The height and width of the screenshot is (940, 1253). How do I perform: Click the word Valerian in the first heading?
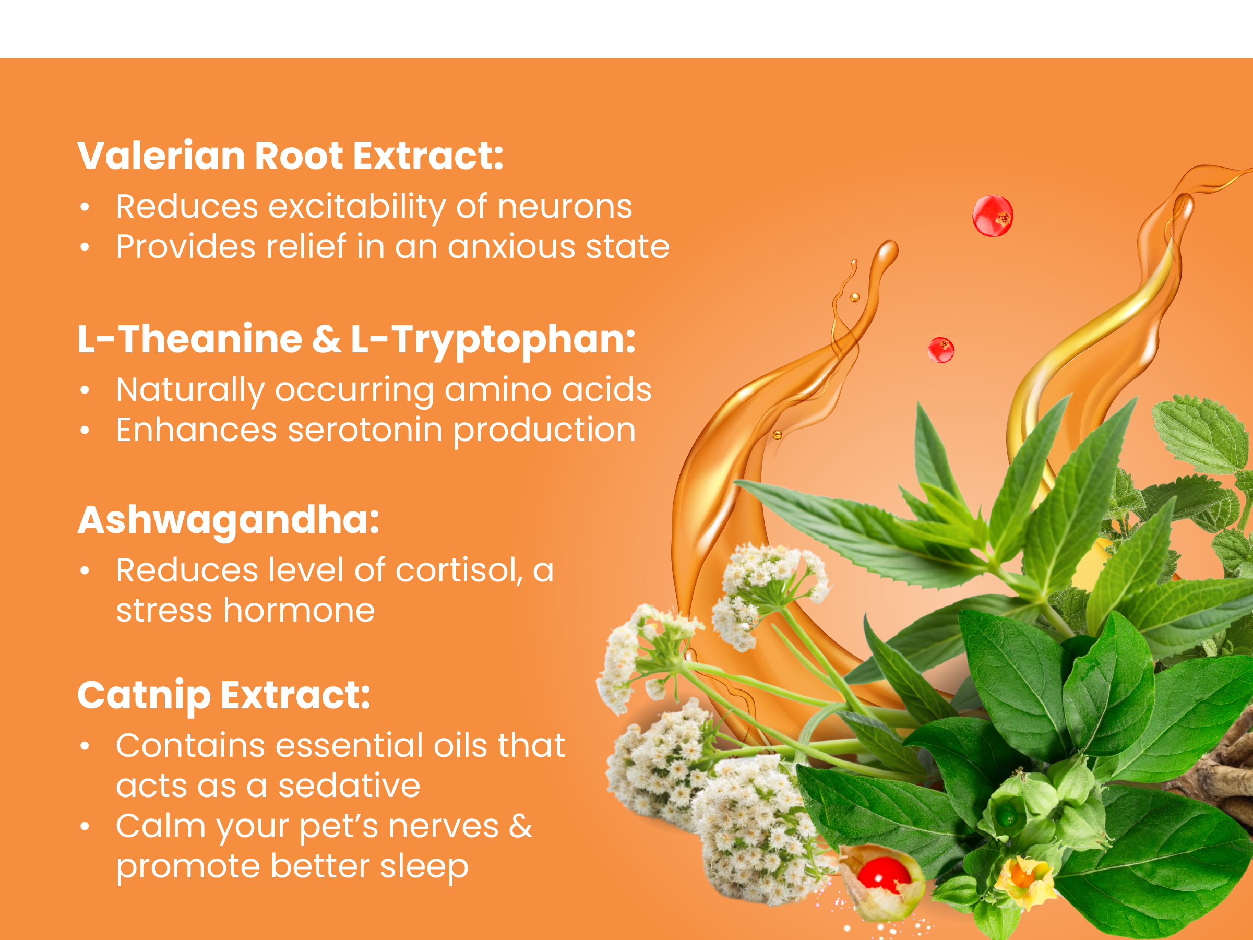pyautogui.click(x=162, y=156)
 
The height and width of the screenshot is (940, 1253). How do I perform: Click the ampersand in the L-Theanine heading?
pyautogui.click(x=326, y=339)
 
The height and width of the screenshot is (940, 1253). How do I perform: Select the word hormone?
pyautogui.click(x=299, y=611)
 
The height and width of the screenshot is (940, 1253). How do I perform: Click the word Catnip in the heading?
pyautogui.click(x=144, y=696)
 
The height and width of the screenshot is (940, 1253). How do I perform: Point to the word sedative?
pyautogui.click(x=349, y=786)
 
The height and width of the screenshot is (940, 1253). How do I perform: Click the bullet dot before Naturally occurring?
pyautogui.click(x=85, y=390)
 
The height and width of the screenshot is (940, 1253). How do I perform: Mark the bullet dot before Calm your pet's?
pyautogui.click(x=85, y=827)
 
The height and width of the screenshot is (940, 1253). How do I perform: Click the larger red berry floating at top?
pyautogui.click(x=993, y=216)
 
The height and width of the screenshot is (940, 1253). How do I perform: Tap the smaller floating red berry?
pyautogui.click(x=941, y=350)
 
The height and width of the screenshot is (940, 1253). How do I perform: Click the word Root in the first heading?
pyautogui.click(x=299, y=156)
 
